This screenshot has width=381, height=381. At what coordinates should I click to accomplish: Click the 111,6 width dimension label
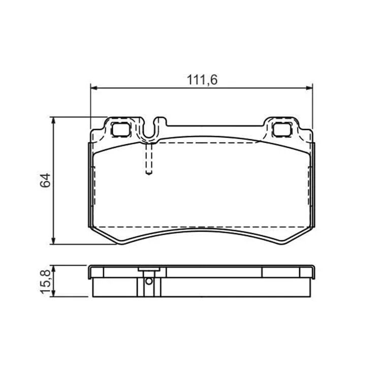202,80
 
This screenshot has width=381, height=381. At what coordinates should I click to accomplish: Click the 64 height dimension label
45,180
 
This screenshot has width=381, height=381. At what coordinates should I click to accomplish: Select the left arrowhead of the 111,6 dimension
94,88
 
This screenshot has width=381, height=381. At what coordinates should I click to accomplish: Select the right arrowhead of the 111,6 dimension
309,88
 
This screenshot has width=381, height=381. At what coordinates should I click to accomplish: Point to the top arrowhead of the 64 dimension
53,120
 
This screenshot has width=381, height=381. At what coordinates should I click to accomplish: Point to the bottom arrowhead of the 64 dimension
53,241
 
